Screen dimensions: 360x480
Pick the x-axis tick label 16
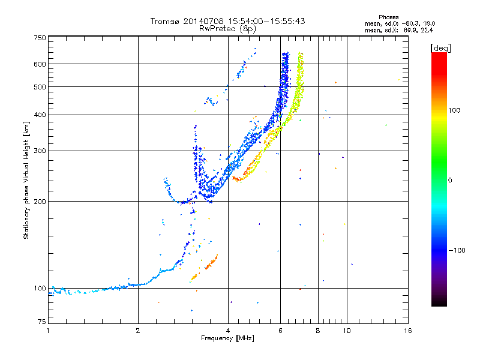click(x=408, y=331)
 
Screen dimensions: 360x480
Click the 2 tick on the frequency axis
click(x=138, y=331)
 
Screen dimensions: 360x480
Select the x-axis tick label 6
click(x=280, y=331)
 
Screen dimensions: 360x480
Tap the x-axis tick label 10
click(x=346, y=331)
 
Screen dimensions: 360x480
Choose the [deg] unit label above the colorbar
click(x=440, y=47)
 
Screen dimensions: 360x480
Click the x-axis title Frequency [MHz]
click(x=227, y=338)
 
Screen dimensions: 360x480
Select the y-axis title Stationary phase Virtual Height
click(x=26, y=180)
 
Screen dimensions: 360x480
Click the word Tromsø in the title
click(x=166, y=21)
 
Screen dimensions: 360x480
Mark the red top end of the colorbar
click(x=439, y=55)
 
